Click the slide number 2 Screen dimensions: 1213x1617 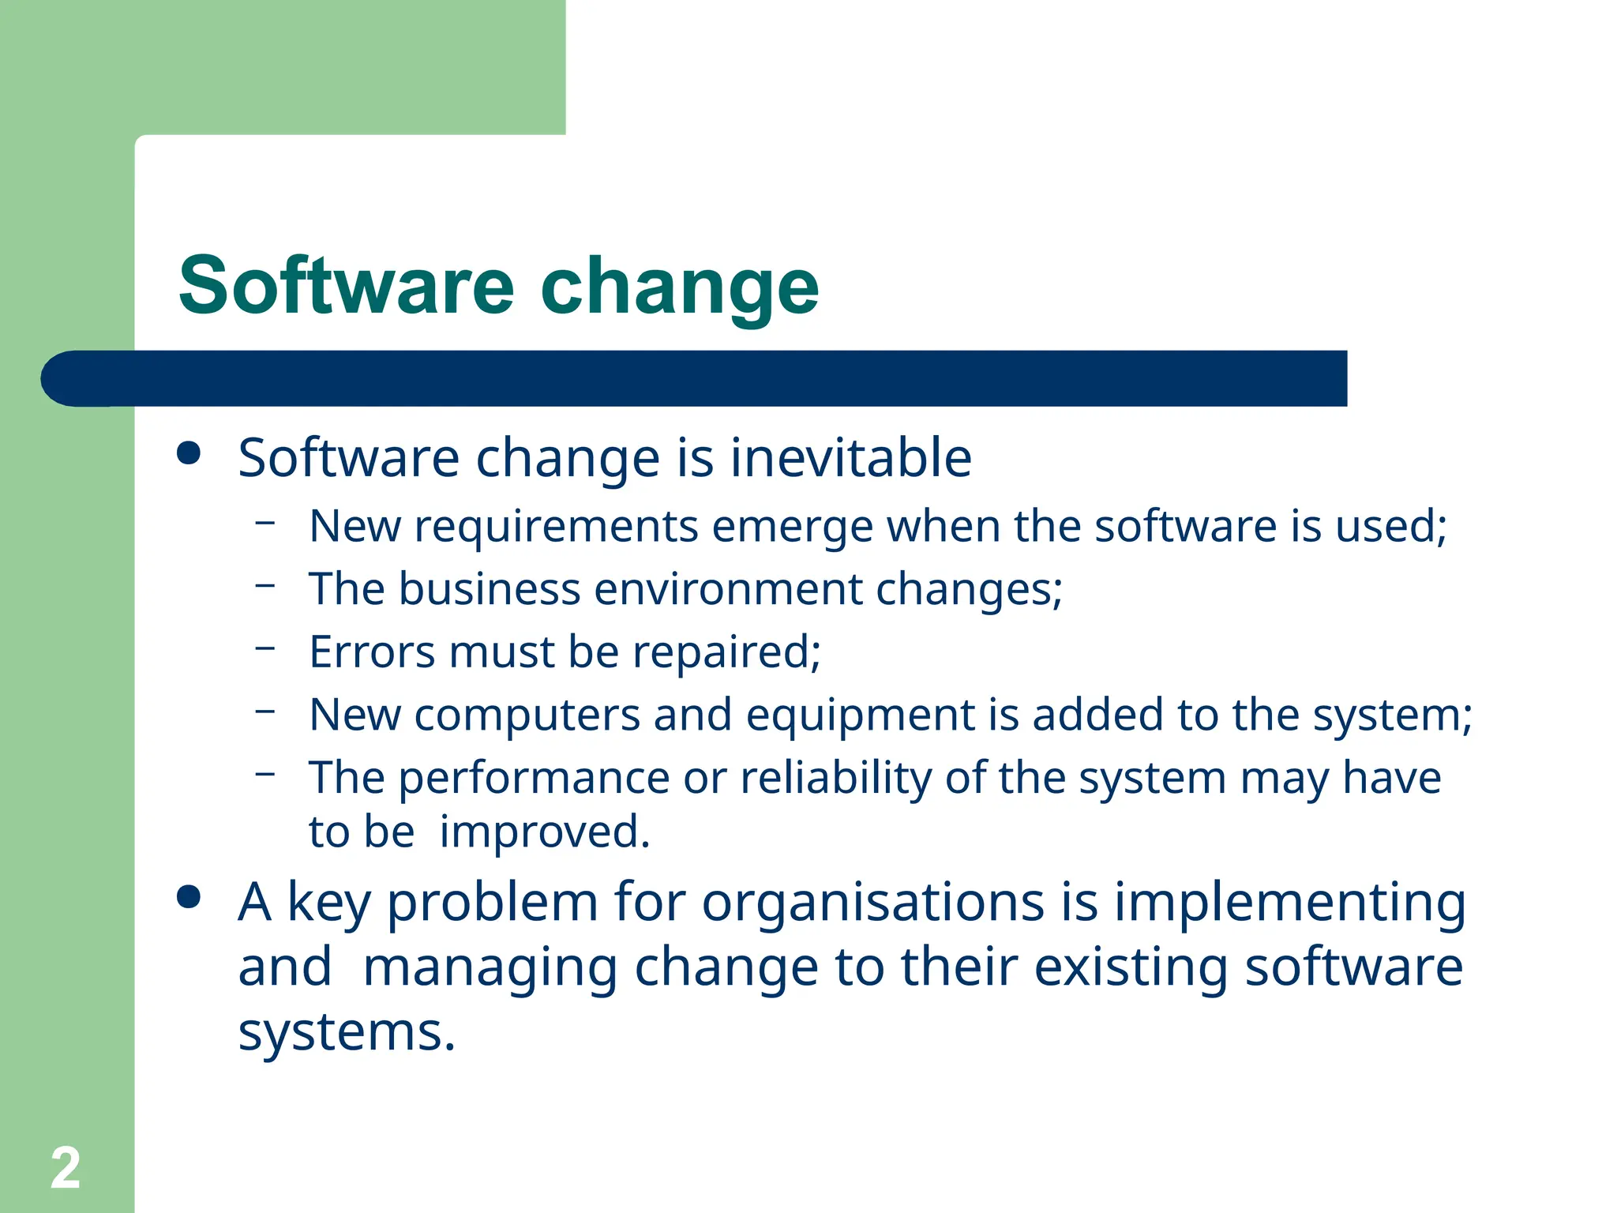[x=66, y=1167]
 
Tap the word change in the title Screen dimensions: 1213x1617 [x=680, y=287]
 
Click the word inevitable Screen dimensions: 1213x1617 [x=850, y=457]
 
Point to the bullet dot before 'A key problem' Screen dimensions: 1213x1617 [x=189, y=897]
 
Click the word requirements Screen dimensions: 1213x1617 [x=556, y=528]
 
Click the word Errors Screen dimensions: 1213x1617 [x=372, y=652]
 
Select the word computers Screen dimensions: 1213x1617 [x=527, y=716]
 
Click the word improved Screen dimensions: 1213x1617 [x=544, y=832]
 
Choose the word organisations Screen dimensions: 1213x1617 [x=873, y=902]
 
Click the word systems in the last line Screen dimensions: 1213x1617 [x=347, y=1032]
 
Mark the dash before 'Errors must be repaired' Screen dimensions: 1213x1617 [x=265, y=648]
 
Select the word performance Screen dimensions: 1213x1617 [x=534, y=779]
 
